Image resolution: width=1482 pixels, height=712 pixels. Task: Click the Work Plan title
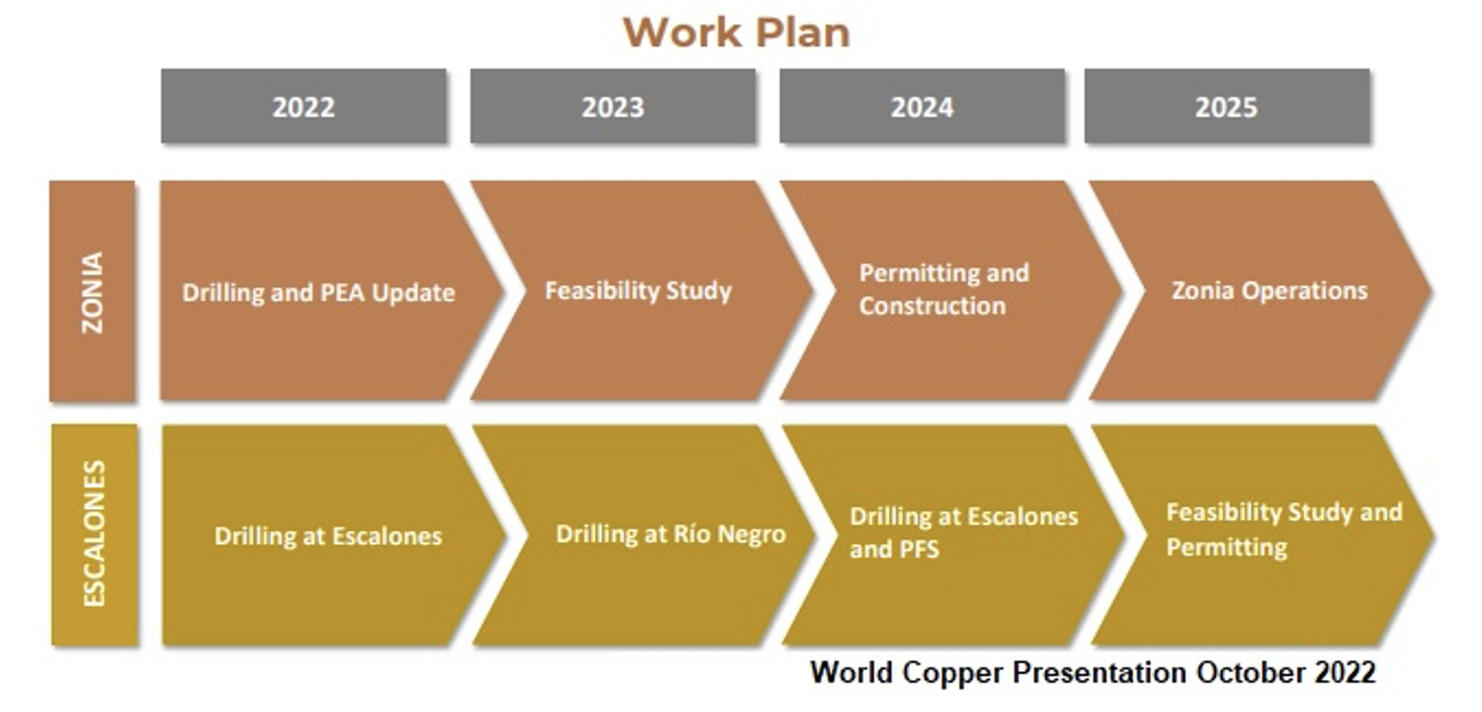(x=736, y=32)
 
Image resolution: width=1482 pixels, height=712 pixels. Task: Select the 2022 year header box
(x=304, y=106)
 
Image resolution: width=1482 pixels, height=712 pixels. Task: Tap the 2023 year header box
(x=613, y=106)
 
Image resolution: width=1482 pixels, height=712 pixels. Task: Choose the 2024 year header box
(x=921, y=106)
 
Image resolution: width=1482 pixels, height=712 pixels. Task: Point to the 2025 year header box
(x=1226, y=106)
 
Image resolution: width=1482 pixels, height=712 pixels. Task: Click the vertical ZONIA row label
(x=92, y=291)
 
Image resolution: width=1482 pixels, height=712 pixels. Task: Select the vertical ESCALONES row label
(x=94, y=534)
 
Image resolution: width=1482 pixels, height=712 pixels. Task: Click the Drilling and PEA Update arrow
(x=319, y=291)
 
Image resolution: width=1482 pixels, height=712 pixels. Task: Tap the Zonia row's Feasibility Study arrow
(x=638, y=290)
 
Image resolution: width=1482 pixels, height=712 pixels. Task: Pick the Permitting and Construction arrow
(x=944, y=290)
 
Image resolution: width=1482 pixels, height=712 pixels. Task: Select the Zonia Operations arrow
(x=1269, y=290)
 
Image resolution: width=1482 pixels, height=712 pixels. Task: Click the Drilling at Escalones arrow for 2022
(x=327, y=535)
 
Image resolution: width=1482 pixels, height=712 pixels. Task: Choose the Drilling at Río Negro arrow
(x=670, y=534)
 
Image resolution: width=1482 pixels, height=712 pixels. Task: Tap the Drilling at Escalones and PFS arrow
(x=963, y=533)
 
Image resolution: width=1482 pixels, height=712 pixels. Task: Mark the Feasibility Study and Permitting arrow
(x=1283, y=529)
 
